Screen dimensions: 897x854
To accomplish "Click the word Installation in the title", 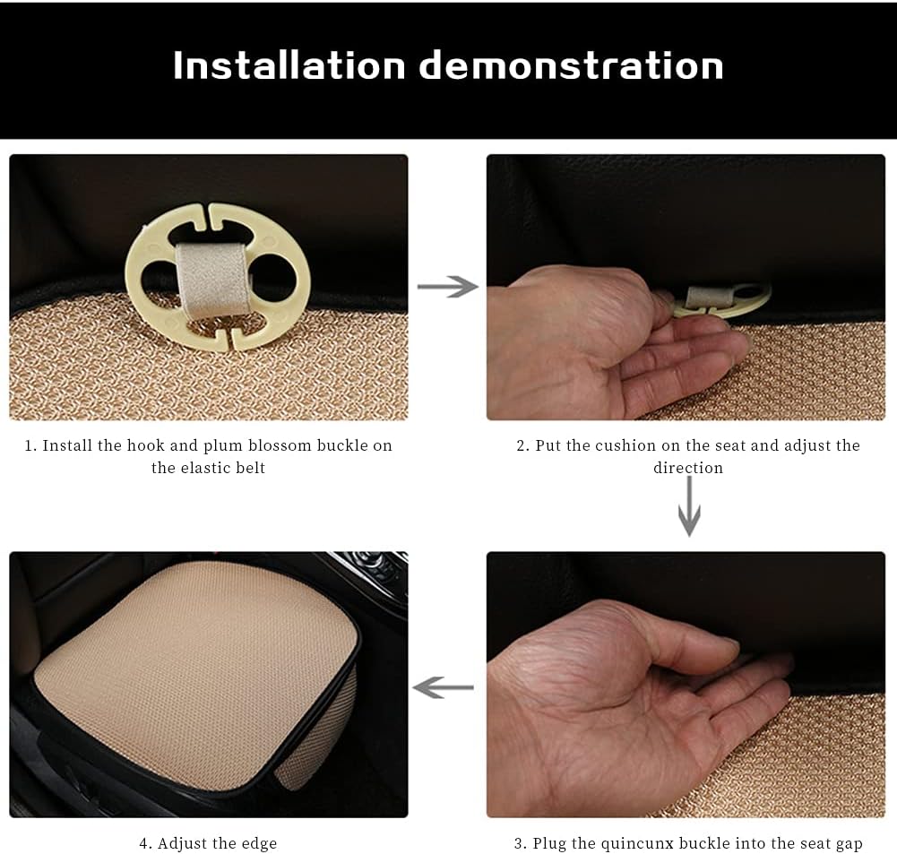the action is [x=289, y=65].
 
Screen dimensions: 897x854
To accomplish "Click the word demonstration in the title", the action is [x=572, y=65].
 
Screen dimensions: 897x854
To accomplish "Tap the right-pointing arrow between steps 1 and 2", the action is [x=447, y=286].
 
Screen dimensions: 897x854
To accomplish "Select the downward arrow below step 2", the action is [x=689, y=506].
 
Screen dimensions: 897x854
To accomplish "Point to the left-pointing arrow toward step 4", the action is [x=443, y=687].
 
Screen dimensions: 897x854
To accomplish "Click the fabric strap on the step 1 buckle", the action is [x=212, y=278].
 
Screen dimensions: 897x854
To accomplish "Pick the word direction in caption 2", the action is [x=688, y=468].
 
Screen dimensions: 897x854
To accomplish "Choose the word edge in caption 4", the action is [x=259, y=844].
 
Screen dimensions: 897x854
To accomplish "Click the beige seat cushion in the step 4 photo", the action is [x=194, y=675].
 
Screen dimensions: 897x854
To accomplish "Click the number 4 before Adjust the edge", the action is [x=143, y=844].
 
